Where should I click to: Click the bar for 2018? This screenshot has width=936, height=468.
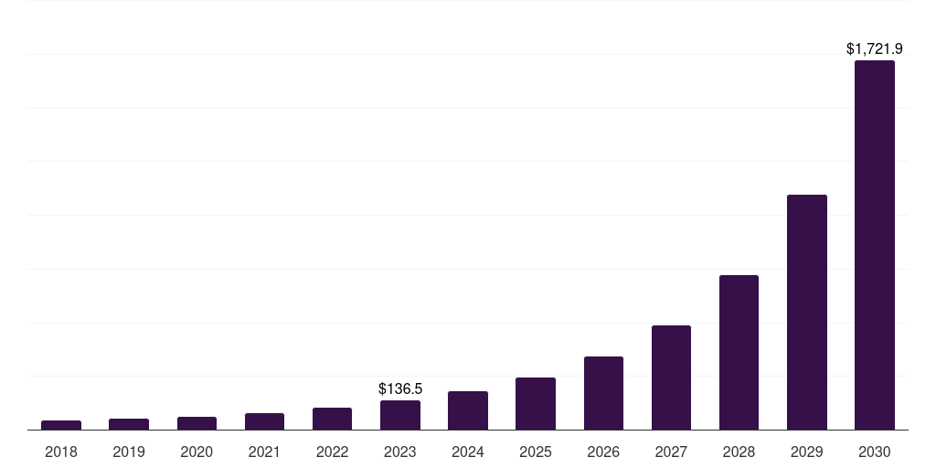point(61,425)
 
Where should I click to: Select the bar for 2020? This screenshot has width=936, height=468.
point(197,423)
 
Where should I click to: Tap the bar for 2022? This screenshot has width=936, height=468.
point(332,419)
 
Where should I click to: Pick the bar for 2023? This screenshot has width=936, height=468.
point(400,415)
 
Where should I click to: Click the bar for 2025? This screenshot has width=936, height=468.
point(536,403)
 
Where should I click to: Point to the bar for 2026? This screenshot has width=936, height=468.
point(603,393)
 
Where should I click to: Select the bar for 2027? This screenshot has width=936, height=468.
point(671,378)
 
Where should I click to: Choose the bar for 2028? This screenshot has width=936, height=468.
point(739,352)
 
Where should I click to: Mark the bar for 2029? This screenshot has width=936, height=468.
point(807,312)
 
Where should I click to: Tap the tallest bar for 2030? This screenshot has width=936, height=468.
point(875,245)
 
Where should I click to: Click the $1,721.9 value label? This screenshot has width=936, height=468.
point(875,48)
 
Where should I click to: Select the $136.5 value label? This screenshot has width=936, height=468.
point(400,388)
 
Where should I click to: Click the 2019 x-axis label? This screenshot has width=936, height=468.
point(129,452)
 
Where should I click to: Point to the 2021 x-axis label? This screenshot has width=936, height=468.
point(264,452)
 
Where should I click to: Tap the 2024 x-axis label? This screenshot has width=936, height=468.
point(468,452)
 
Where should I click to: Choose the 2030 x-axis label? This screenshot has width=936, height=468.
point(875,452)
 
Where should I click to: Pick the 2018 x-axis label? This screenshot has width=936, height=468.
point(61,452)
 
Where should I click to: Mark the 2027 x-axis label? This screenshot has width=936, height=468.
point(671,452)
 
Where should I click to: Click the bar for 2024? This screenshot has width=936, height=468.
point(468,410)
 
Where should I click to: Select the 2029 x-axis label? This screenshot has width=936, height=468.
point(807,452)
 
